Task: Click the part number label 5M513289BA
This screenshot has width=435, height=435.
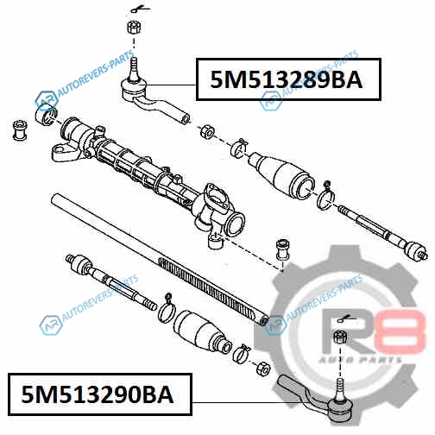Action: click(287, 79)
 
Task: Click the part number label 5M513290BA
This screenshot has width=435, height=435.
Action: click(98, 394)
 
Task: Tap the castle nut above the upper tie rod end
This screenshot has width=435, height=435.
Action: click(134, 28)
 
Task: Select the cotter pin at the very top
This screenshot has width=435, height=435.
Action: click(140, 9)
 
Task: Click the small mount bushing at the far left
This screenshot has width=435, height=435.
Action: click(21, 130)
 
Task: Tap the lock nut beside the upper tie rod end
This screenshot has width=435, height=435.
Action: click(207, 131)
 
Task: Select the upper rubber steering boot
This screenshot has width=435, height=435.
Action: click(281, 174)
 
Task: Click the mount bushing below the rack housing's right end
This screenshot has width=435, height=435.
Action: click(282, 249)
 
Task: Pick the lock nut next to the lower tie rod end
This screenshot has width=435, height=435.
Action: click(262, 368)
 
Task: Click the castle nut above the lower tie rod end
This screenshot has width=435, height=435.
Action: click(340, 338)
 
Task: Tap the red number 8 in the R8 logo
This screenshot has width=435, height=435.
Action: click(401, 331)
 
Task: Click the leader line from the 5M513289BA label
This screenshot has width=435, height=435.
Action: click(172, 85)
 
